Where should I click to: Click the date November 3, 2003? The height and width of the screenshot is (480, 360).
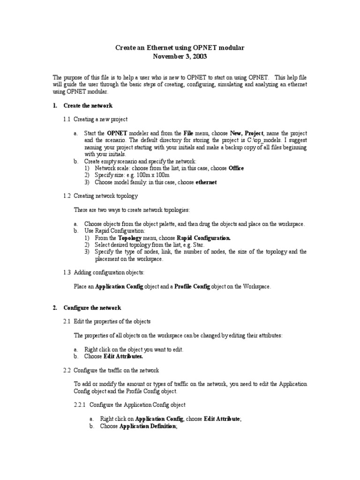coord(180,57)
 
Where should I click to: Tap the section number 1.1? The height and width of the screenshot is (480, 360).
coord(67,120)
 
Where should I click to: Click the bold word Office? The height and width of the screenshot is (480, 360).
coord(236,168)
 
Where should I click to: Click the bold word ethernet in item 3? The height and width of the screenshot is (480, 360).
coord(206,182)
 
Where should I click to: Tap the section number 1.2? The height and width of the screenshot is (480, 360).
coord(67,195)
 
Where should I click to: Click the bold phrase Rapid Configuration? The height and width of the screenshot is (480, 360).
coord(203,238)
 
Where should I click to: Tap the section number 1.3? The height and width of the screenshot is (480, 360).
coord(67,272)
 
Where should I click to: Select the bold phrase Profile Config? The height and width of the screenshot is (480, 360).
coord(192,286)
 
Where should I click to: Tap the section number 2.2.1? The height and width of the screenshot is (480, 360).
coord(80,405)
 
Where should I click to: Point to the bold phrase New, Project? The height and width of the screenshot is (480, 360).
coord(247,133)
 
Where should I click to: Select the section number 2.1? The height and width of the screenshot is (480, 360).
coord(67,321)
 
